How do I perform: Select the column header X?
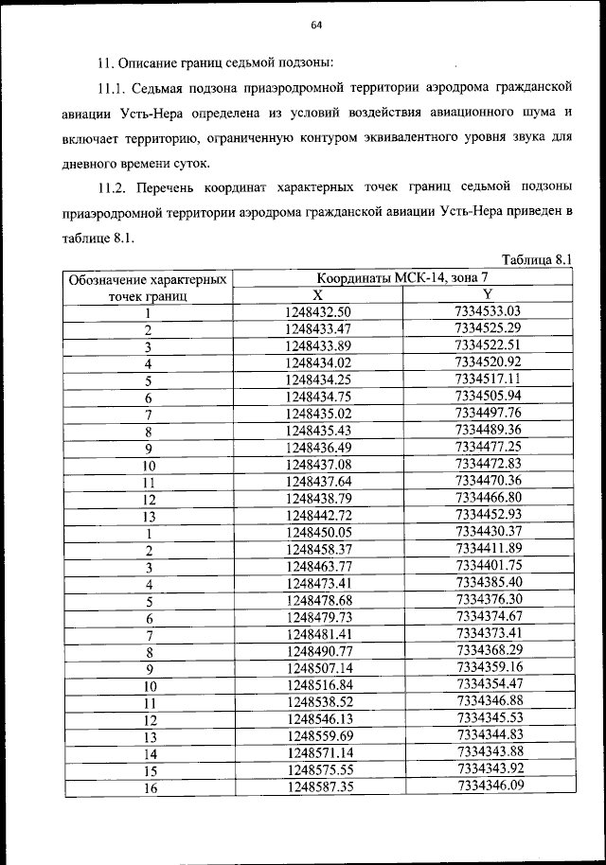[317, 294]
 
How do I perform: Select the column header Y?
[488, 294]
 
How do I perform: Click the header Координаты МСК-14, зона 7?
[402, 278]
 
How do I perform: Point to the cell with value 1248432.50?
[318, 311]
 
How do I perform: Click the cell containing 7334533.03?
[489, 310]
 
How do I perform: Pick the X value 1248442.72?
[318, 515]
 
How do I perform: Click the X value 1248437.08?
[318, 464]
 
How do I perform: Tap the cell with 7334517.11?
[489, 379]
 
